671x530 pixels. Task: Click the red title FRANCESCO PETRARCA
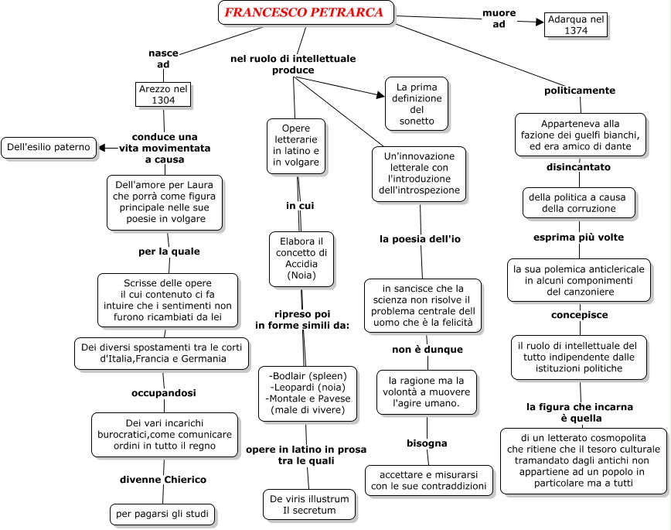(304, 12)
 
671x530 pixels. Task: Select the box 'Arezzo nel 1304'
(163, 94)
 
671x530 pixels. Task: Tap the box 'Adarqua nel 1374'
(576, 25)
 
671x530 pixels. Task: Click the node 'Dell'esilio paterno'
(49, 147)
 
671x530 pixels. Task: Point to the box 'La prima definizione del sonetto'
(417, 104)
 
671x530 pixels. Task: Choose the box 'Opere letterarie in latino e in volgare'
(296, 146)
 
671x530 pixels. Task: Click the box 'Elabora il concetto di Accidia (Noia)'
(301, 258)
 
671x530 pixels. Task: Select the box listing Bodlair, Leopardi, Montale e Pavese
(308, 394)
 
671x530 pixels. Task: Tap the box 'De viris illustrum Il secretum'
(309, 504)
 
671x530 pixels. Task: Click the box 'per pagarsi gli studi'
(162, 514)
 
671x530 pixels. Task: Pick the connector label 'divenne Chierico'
(163, 480)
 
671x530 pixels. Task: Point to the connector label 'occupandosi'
(163, 393)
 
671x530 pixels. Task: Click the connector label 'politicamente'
(580, 91)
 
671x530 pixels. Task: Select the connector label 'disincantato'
(578, 167)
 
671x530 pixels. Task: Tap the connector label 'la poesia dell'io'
(420, 239)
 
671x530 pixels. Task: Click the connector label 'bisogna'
(427, 443)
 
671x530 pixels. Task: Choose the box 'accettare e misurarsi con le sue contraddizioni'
(429, 480)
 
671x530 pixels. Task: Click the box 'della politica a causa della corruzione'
(578, 203)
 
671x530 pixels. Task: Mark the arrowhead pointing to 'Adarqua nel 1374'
(540, 22)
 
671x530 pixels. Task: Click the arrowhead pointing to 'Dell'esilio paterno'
(103, 148)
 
